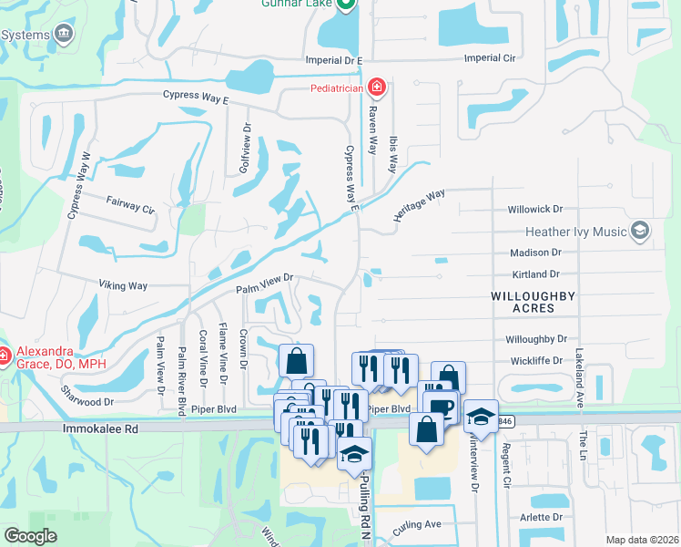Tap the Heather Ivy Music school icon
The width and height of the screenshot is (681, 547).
(x=641, y=232)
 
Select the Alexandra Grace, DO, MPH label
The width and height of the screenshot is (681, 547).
(x=44, y=361)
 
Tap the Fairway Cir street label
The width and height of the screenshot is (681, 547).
(x=130, y=207)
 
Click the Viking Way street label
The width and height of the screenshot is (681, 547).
(x=123, y=286)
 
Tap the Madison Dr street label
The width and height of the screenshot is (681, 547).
(x=535, y=253)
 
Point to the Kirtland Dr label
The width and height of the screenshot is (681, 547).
(x=535, y=274)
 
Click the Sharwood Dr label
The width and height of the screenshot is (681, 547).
(x=87, y=401)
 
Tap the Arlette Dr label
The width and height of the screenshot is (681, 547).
(x=535, y=517)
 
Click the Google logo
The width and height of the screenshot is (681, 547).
(x=30, y=537)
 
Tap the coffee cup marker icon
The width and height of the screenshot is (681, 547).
(x=441, y=408)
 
